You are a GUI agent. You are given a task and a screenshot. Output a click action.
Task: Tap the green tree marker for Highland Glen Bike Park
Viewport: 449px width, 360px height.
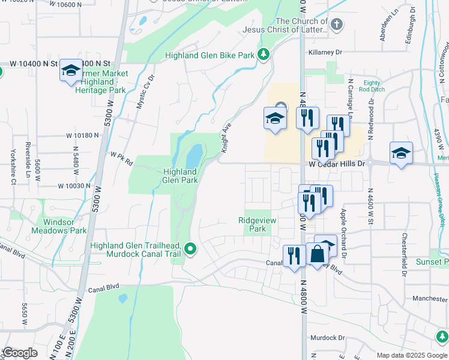263,55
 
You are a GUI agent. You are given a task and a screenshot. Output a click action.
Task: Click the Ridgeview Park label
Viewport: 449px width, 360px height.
258,224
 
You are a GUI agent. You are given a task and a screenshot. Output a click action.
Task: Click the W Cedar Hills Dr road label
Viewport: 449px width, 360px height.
337,163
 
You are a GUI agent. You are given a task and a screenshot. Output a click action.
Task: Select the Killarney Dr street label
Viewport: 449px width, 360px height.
325,53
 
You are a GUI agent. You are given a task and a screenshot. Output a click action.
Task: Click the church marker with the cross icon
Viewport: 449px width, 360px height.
337,24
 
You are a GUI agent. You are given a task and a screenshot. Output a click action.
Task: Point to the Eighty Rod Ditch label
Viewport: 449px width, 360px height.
372,86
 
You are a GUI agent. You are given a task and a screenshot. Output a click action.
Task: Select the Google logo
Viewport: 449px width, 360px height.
20,353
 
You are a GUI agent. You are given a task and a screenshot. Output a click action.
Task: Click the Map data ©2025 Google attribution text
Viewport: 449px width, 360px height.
411,355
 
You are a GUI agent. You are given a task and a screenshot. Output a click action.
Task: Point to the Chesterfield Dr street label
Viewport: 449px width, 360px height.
405,254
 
